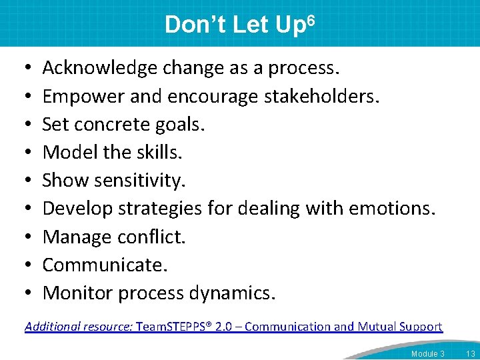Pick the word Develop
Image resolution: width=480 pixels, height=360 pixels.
77,208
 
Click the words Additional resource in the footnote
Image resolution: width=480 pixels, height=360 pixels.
79,327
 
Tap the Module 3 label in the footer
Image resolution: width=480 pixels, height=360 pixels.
427,353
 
